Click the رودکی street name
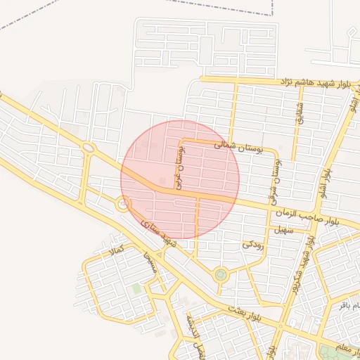252,244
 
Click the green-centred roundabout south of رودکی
221,275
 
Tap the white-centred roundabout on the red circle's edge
124,205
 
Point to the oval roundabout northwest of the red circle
89,148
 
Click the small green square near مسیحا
136,289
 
